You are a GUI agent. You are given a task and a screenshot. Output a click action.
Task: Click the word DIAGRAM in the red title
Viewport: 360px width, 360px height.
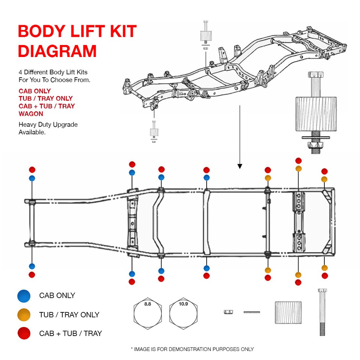(x=57, y=51)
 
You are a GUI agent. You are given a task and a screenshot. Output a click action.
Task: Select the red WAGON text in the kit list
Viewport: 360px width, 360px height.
(x=31, y=114)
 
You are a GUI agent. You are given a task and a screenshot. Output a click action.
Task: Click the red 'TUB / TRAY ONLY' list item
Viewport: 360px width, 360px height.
(x=45, y=99)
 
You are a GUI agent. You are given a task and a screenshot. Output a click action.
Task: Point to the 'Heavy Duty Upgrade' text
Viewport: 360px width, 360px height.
(x=48, y=124)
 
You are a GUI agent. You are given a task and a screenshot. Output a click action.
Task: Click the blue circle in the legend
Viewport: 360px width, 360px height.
(x=24, y=296)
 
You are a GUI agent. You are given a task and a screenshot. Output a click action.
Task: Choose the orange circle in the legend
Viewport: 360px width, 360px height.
(x=24, y=315)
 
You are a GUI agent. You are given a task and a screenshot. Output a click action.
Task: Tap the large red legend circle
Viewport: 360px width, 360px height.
(x=24, y=333)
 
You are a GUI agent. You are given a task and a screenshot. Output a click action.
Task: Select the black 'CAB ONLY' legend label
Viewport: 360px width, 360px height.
(x=57, y=296)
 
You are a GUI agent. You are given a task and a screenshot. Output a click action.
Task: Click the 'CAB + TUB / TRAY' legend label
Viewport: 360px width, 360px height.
(x=70, y=333)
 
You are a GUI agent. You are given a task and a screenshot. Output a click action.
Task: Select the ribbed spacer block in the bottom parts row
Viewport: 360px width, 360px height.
(x=288, y=312)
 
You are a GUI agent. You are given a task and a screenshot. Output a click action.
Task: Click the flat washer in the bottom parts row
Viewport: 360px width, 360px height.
(x=252, y=312)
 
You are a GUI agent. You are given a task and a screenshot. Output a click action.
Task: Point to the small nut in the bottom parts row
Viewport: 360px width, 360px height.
(x=227, y=312)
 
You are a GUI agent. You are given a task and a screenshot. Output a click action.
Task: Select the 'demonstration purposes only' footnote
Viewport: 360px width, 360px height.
(x=192, y=349)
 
